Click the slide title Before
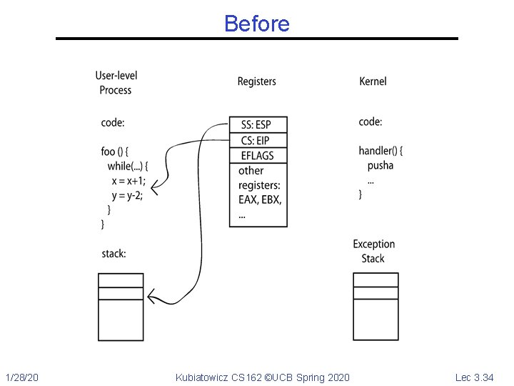click(257, 24)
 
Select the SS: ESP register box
click(258, 124)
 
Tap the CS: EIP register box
click(258, 141)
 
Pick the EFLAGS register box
click(258, 156)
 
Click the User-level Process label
click(116, 83)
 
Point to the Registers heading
click(257, 81)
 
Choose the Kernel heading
click(373, 81)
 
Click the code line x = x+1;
click(128, 181)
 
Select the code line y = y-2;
click(127, 196)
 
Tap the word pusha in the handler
click(381, 165)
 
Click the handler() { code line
click(381, 151)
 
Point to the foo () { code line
click(115, 152)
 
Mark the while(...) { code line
click(128, 167)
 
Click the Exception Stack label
click(373, 251)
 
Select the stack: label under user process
click(114, 254)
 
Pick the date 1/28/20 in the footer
click(22, 377)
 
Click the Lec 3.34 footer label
click(474, 377)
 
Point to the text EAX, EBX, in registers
click(260, 199)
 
